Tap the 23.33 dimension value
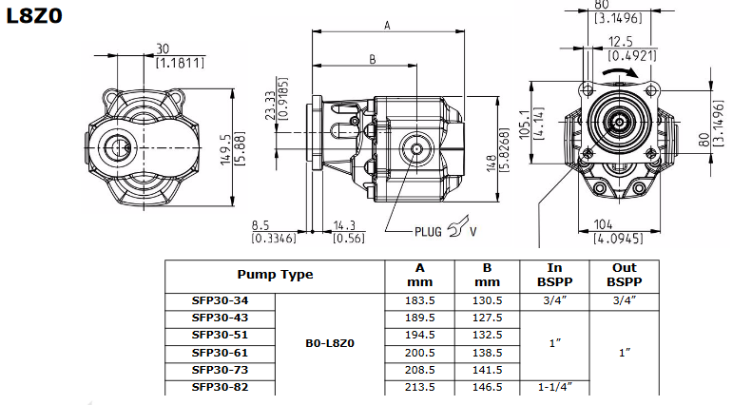[x=270, y=100]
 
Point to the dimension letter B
[x=372, y=59]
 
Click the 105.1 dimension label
[x=524, y=121]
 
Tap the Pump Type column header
[x=275, y=276]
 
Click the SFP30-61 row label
[x=219, y=352]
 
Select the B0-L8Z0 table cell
[x=330, y=343]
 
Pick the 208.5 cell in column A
[x=420, y=369]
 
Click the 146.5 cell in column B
[x=488, y=387]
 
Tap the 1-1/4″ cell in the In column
[x=554, y=387]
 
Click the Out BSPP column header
[x=623, y=276]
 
